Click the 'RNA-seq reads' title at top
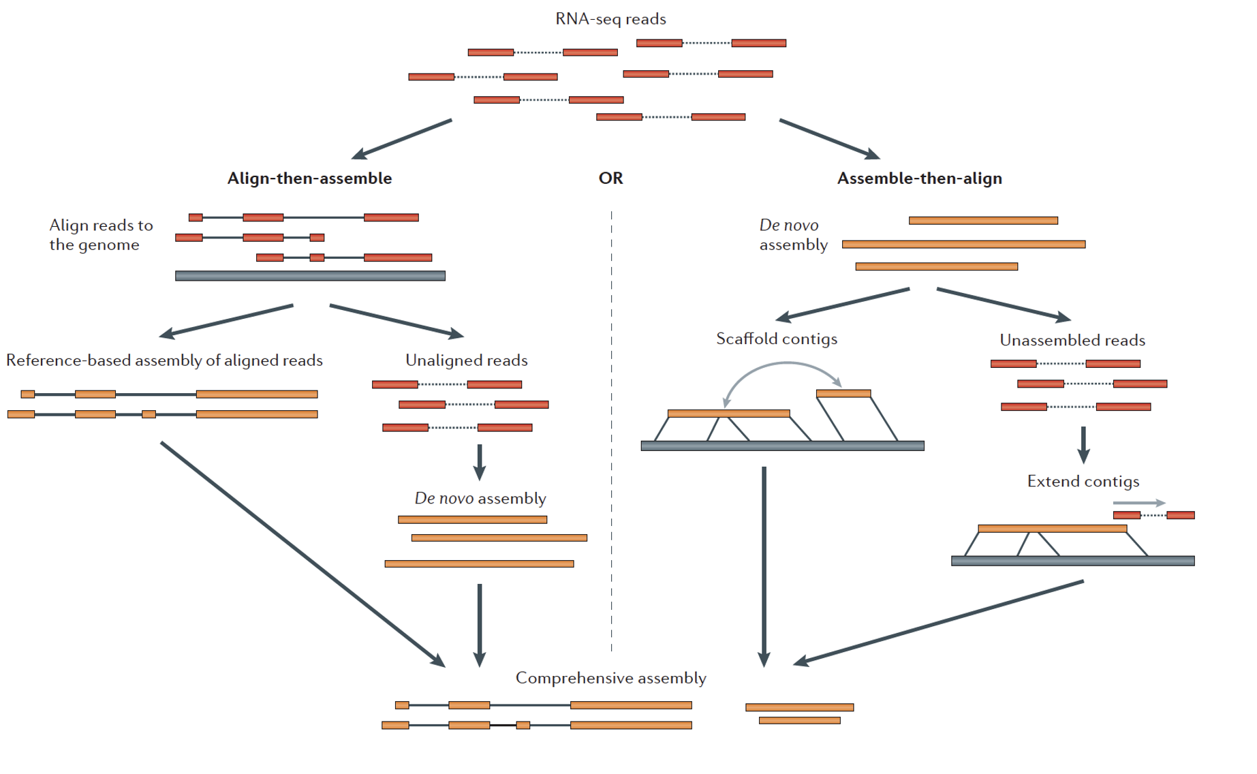tap(610, 19)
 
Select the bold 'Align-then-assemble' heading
tap(309, 179)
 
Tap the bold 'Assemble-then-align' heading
tap(919, 179)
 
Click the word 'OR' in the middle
tap(610, 179)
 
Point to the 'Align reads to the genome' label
tap(101, 235)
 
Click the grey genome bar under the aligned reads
tap(310, 276)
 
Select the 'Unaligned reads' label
tap(466, 360)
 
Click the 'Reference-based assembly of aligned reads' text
tap(164, 360)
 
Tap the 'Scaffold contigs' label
tap(776, 339)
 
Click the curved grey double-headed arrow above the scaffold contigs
tap(783, 364)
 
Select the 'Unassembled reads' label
tap(1072, 341)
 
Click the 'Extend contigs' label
tap(1083, 482)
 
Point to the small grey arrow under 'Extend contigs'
tap(1138, 503)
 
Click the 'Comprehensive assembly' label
tap(610, 678)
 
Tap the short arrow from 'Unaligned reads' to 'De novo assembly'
tap(480, 462)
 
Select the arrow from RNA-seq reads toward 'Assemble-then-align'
tap(828, 139)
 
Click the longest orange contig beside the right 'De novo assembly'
tap(963, 244)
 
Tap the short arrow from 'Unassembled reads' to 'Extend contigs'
tap(1083, 444)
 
